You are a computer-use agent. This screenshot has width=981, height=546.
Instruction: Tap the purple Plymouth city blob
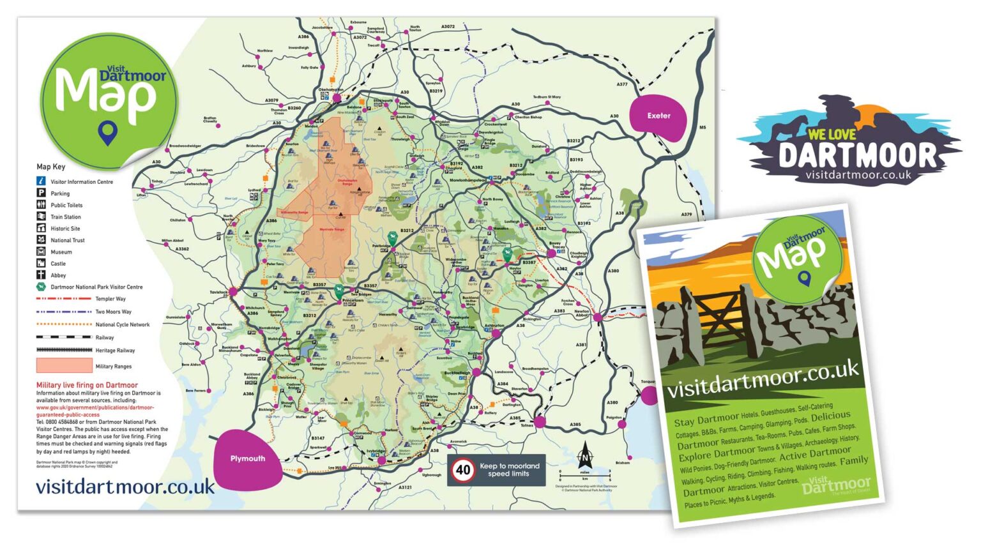coord(248,459)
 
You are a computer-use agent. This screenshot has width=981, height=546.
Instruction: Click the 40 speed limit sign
coord(462,471)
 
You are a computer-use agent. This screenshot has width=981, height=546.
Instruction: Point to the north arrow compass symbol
coord(584,456)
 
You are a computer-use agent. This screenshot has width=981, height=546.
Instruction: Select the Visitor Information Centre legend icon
coord(41,181)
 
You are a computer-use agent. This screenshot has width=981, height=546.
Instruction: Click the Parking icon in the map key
coord(41,193)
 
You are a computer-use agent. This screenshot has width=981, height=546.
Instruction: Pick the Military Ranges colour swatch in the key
coord(64,366)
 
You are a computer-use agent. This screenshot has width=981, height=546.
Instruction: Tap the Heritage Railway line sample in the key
coord(64,350)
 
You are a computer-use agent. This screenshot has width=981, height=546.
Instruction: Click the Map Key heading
coord(50,167)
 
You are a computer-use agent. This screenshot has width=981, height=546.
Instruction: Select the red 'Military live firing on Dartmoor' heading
coord(87,385)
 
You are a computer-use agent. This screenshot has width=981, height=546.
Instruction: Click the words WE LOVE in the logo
coord(832,134)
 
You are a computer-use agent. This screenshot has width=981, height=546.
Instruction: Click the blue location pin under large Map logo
coord(108,133)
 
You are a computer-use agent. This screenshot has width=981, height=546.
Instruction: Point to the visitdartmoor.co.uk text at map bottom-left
coord(125,487)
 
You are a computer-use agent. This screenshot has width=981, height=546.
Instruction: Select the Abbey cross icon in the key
coord(41,275)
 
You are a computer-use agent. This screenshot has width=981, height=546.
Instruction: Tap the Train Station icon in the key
coord(41,216)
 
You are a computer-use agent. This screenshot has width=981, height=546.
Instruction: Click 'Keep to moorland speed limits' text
coord(509,470)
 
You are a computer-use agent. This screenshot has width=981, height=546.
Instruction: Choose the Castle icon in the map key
coord(41,263)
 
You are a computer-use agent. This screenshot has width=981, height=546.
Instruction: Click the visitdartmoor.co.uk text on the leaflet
coord(763,379)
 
